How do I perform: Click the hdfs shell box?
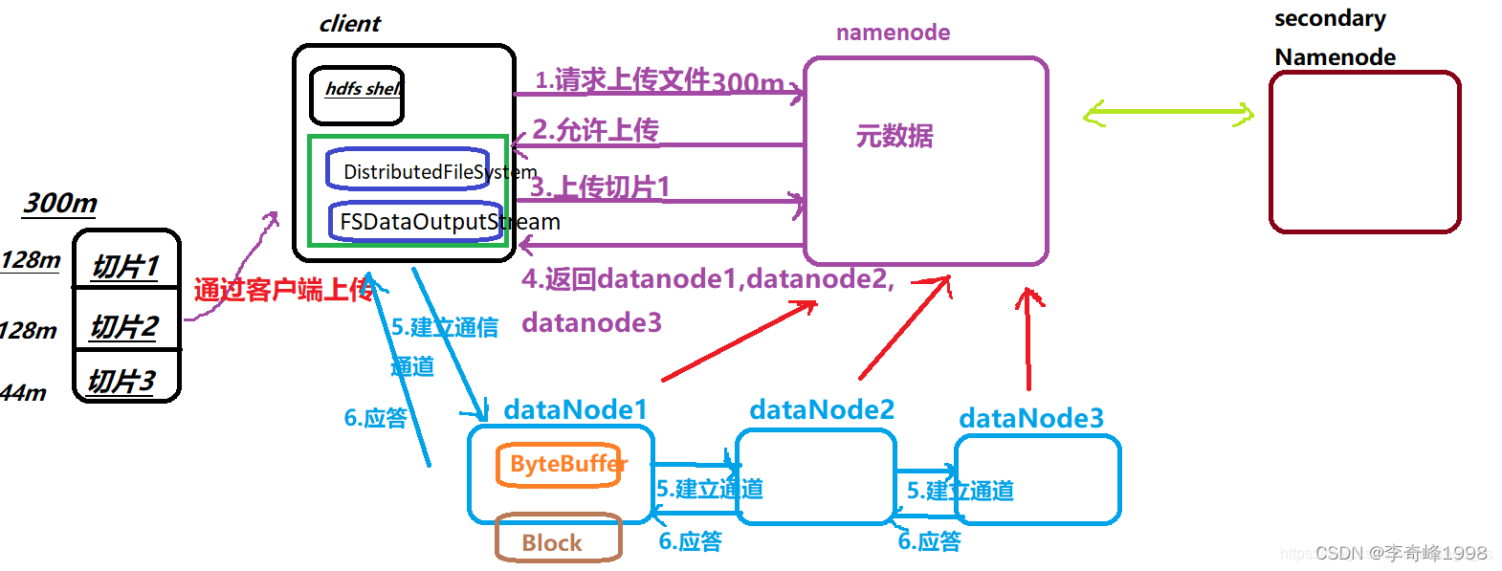[356, 95]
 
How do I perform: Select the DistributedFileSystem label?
[439, 172]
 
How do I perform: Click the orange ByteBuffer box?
[560, 465]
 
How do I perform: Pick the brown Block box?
[558, 540]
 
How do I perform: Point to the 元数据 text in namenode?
[894, 136]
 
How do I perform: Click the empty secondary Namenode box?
[1364, 152]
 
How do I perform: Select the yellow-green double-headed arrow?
[1167, 115]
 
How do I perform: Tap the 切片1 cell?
[126, 265]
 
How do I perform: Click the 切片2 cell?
[125, 326]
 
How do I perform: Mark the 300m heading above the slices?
[60, 203]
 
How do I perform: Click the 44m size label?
[24, 392]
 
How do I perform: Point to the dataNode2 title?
[821, 409]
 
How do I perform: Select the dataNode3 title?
[1030, 418]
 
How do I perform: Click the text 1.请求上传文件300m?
[658, 80]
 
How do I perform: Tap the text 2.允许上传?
[595, 129]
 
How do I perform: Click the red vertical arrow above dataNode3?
[1028, 340]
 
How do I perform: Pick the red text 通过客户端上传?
[283, 290]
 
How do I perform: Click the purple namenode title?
[892, 33]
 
